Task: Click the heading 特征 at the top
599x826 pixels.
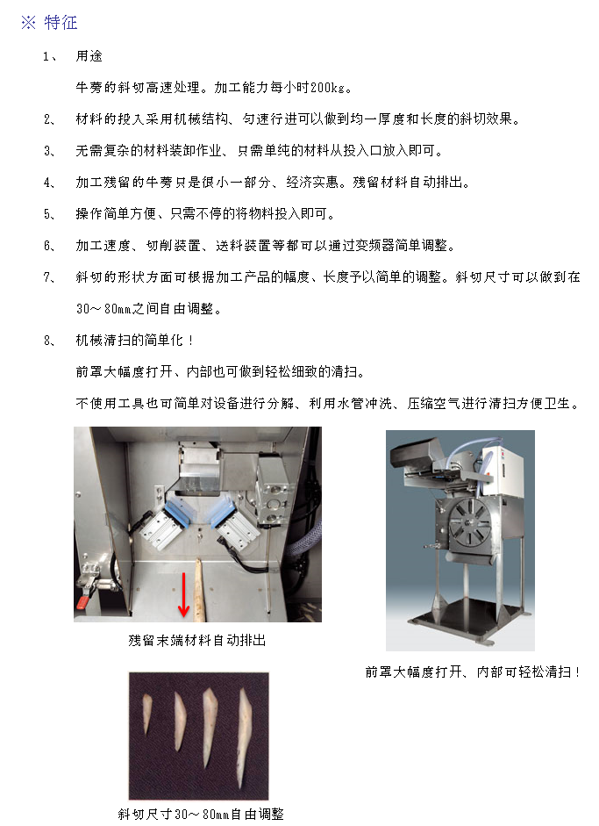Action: tap(61, 23)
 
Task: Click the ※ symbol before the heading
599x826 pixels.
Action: tap(28, 23)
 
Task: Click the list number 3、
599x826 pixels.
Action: tap(49, 151)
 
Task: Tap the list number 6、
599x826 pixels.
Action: tap(49, 246)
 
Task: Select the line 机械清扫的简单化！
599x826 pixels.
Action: tap(135, 341)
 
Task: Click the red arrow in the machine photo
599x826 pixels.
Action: tap(183, 594)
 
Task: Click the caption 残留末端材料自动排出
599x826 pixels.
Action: tap(196, 641)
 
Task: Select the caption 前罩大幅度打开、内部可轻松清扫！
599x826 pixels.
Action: tap(474, 672)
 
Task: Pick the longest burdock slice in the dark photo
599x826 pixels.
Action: tap(244, 737)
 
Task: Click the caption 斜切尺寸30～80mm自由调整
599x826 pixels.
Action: tap(201, 815)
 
